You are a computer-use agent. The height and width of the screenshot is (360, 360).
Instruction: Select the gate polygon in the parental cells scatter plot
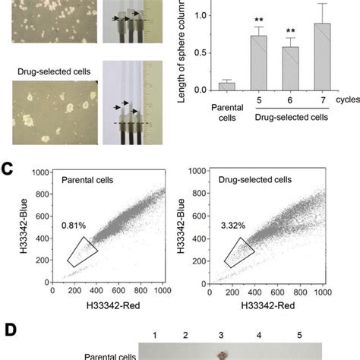click(81, 251)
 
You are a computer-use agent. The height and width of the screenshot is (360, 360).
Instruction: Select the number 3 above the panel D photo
click(221, 335)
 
